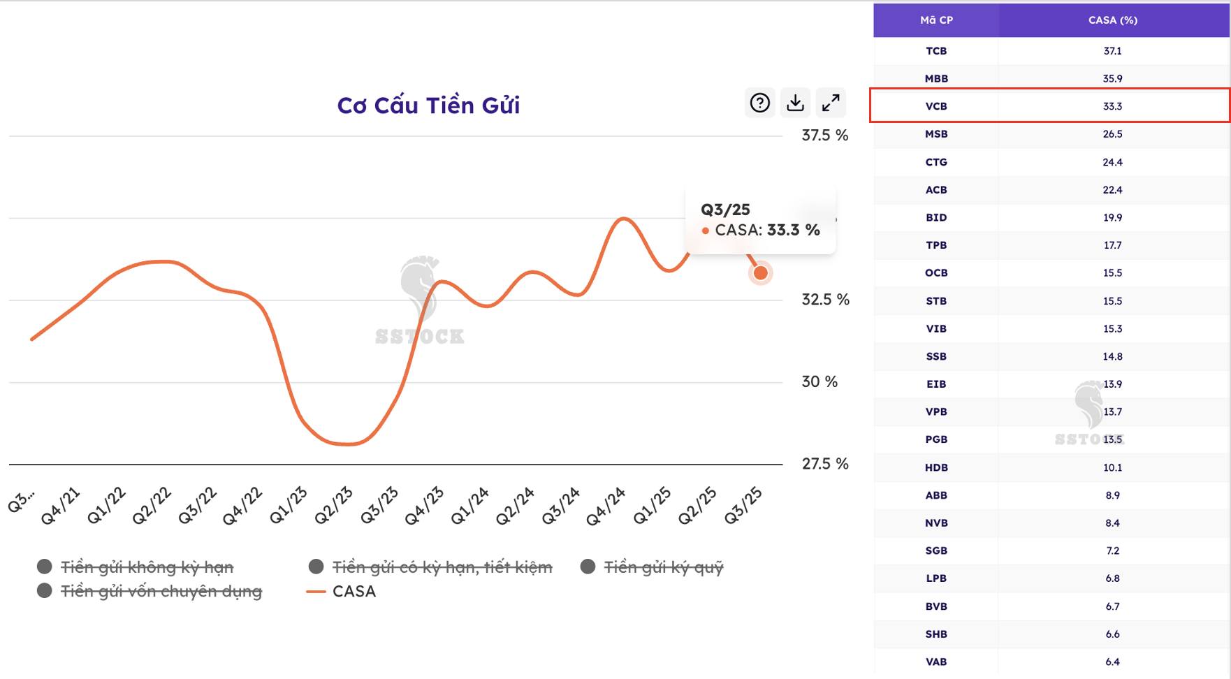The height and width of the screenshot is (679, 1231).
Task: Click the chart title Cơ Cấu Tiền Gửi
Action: (428, 105)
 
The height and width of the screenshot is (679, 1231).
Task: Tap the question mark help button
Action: (759, 103)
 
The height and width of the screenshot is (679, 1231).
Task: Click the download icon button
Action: (795, 103)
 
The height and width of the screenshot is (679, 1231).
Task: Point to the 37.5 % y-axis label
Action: (824, 136)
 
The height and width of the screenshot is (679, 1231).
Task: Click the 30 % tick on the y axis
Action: (819, 382)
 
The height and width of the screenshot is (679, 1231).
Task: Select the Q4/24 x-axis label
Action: (605, 506)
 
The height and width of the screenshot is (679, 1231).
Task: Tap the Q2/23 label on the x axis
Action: (333, 506)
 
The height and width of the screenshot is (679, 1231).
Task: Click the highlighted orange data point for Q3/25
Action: (760, 273)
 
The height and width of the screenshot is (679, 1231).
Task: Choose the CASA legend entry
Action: (354, 592)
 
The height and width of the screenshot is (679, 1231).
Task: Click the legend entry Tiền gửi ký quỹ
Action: (662, 567)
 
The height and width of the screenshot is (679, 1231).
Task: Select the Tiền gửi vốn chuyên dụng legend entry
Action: (161, 592)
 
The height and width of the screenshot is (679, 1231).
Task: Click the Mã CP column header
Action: (936, 20)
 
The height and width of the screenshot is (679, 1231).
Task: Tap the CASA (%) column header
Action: (1112, 20)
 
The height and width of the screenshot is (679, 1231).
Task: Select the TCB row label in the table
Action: (936, 51)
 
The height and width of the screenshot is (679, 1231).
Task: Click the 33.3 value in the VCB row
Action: (1112, 106)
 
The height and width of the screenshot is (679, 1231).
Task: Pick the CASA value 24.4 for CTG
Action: (1112, 162)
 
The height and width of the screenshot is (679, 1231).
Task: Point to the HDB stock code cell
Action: (936, 467)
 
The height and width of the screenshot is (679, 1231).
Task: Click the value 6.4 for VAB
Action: (1112, 662)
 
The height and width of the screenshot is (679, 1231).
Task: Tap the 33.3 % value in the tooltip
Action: (793, 230)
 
